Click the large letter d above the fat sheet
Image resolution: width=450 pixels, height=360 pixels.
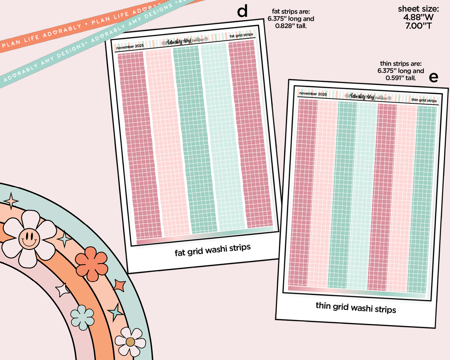tap(242, 11)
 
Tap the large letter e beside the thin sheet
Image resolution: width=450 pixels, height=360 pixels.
tap(433, 77)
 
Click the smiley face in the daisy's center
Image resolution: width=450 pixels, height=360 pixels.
tap(29, 239)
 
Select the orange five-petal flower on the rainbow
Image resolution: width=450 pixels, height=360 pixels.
tap(92, 264)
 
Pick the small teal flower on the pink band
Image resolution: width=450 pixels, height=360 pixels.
tap(82, 317)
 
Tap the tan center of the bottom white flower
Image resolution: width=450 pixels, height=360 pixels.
tap(130, 342)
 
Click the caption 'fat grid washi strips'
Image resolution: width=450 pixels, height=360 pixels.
tap(212, 250)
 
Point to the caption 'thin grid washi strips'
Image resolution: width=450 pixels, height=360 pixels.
tap(356, 307)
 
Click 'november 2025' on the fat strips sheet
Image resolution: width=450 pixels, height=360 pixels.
tap(130, 47)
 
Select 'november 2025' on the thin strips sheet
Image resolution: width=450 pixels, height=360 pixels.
tap(313, 94)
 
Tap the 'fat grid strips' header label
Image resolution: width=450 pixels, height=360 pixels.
tap(241, 35)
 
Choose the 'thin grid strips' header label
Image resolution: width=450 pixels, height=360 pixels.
tap(424, 100)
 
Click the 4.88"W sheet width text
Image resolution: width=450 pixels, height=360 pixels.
tap(418, 17)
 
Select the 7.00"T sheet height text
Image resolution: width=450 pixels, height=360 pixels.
tap(418, 26)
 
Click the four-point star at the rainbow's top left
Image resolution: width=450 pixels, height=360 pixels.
tap(11, 201)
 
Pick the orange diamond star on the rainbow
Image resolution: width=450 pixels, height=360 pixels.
tap(119, 285)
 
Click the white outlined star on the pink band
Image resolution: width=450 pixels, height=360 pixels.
tap(63, 290)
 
